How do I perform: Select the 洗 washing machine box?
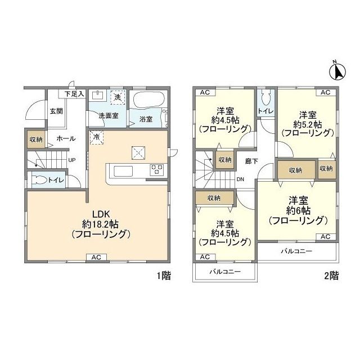click(118, 97)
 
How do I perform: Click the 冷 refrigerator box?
click(96, 137)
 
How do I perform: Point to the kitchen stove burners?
click(156, 169)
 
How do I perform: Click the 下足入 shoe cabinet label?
click(73, 94)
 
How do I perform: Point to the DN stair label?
click(240, 180)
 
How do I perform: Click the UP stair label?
click(72, 160)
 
